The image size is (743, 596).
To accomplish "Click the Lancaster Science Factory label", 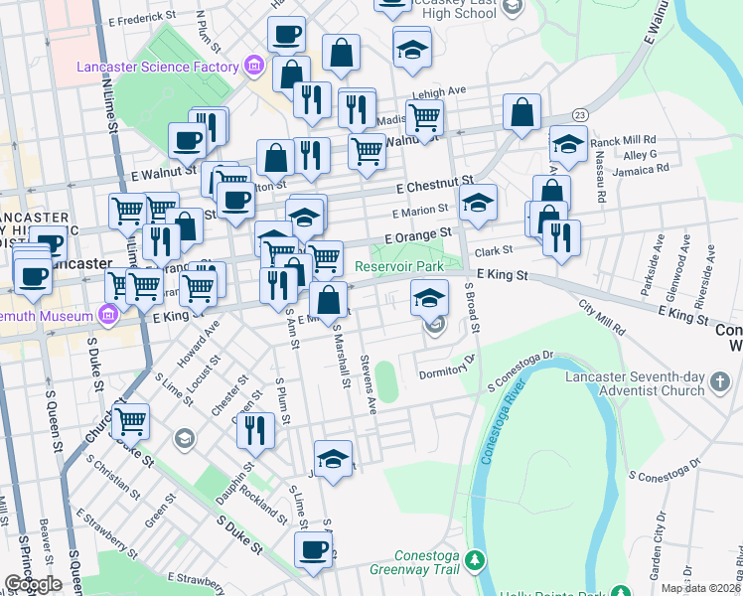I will (x=159, y=67).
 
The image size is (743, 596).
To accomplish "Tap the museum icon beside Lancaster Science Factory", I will (x=254, y=67).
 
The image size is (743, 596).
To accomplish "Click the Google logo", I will (x=33, y=584).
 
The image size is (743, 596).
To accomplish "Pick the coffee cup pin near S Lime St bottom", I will (x=314, y=550).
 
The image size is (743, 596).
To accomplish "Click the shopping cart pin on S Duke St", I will (x=130, y=421).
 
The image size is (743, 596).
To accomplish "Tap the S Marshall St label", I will (x=341, y=356).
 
